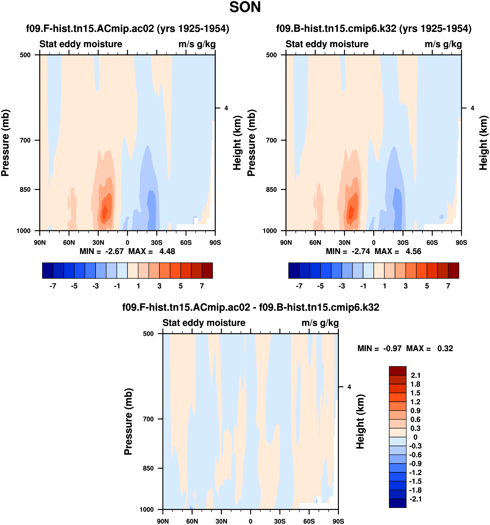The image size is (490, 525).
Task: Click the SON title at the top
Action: coord(245,7)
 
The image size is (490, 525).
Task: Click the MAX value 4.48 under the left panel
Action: coord(167,251)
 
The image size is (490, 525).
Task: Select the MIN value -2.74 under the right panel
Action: coord(361,251)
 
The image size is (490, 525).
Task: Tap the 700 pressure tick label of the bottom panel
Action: coord(148,419)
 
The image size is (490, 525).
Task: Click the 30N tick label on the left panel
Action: coord(98,242)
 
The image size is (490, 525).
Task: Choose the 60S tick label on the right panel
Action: coord(432,242)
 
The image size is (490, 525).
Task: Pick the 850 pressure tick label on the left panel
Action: coord(25,189)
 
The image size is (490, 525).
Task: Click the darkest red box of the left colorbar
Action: coord(207,270)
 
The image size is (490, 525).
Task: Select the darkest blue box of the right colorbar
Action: coord(294,270)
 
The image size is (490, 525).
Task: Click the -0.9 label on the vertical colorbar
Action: coord(415,463)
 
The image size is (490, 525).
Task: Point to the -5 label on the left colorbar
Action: coord(74,286)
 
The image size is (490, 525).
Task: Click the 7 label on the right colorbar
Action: coord(448,286)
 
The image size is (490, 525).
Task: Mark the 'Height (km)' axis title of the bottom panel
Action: coord(360,422)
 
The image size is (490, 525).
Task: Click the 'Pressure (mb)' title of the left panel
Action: coord(5,143)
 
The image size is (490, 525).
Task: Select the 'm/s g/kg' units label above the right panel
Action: coord(443,44)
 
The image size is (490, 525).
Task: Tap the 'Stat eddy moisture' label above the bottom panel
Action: coord(204,323)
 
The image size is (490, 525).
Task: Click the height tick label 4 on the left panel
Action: coord(226,108)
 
